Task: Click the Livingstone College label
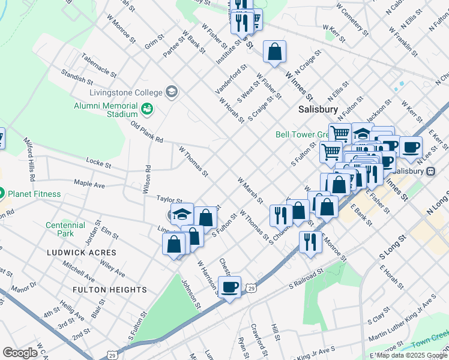click(125, 92)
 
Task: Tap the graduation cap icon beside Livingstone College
click(172, 92)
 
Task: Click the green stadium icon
click(147, 109)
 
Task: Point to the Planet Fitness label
click(34, 194)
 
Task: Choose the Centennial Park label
click(65, 229)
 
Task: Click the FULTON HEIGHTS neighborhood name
click(109, 290)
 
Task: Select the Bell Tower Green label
click(300, 134)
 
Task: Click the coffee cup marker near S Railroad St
click(229, 287)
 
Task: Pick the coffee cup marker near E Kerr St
click(411, 147)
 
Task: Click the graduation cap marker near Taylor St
click(181, 214)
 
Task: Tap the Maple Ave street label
click(89, 184)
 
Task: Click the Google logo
click(20, 353)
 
